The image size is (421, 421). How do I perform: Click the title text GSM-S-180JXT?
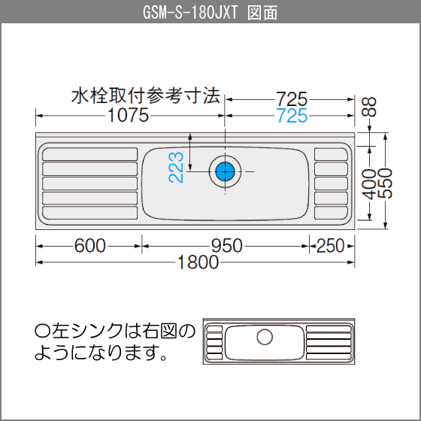[190, 13]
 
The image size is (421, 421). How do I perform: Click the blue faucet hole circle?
[225, 171]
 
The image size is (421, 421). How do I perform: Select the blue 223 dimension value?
[176, 167]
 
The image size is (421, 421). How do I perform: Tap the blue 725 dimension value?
[292, 116]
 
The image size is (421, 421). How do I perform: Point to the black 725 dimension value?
[292, 99]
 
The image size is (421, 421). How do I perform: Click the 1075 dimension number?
[128, 115]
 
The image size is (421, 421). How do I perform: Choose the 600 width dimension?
[90, 246]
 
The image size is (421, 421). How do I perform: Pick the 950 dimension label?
[227, 246]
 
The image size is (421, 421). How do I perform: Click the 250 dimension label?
[331, 246]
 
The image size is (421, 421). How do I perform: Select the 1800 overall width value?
[198, 262]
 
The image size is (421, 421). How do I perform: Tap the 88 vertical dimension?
[369, 107]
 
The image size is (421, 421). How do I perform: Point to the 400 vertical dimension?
[369, 184]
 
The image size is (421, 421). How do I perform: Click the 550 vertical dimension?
[385, 183]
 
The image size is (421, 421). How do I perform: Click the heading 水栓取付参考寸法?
[146, 95]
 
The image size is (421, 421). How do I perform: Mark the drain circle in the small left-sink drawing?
[265, 337]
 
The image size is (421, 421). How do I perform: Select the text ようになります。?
[101, 353]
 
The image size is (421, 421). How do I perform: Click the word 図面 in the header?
[262, 13]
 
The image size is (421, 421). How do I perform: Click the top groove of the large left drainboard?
[90, 154]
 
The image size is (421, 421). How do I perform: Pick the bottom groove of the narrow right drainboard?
[331, 213]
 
